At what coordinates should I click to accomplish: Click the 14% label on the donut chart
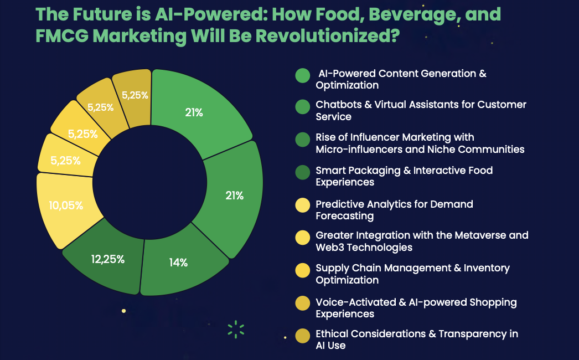(178, 263)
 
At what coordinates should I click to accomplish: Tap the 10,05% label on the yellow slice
(66, 205)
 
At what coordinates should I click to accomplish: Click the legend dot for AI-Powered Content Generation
(303, 76)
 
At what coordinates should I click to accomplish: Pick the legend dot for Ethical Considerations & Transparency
(303, 336)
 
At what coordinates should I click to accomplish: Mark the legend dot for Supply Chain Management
(303, 270)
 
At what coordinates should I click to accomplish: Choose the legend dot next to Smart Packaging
(303, 172)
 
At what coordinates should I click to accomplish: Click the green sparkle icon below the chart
(236, 329)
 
